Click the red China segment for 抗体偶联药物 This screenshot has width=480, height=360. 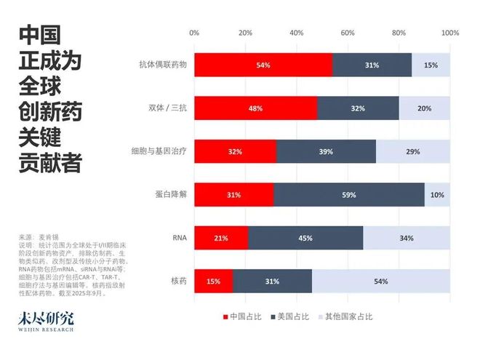point(263,65)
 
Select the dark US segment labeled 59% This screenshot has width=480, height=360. point(349,195)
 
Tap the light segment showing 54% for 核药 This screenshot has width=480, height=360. point(380,281)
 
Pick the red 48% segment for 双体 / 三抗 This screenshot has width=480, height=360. point(255,108)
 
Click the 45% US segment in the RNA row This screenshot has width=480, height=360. point(305,238)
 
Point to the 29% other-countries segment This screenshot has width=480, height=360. point(413,151)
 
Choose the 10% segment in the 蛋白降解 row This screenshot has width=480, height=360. point(437,195)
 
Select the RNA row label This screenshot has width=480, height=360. point(179,238)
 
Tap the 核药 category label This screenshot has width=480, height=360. point(178,281)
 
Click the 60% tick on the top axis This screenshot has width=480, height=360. point(348,33)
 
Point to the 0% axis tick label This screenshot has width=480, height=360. point(194,33)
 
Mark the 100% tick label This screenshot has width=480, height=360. point(449,33)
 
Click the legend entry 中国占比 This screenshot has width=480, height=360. point(245,316)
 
